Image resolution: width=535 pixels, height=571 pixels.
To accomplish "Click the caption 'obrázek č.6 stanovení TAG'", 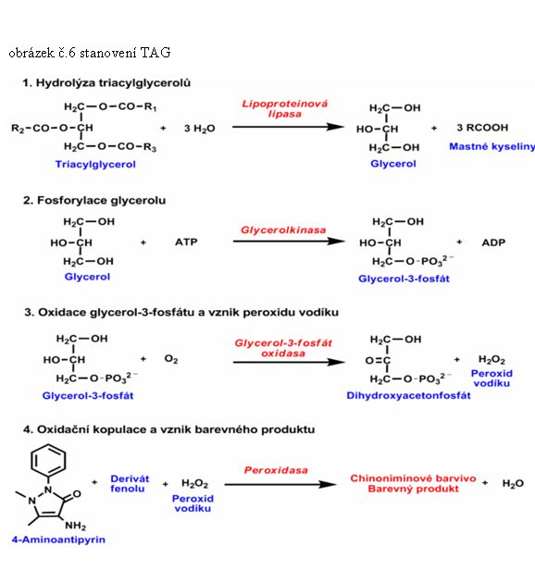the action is (x=90, y=53).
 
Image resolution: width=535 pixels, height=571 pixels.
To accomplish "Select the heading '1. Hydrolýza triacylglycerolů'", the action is (x=106, y=83).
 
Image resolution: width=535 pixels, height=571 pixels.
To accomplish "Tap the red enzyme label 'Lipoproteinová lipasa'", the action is (x=285, y=108).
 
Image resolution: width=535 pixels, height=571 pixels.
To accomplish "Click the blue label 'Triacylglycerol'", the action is (x=95, y=164).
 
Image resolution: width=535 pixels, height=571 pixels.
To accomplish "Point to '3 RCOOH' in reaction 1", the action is (x=482, y=128).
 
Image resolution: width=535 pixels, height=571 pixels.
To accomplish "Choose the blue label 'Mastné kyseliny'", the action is (x=492, y=146).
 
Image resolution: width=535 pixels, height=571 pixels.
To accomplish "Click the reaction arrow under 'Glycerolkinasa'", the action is (x=289, y=241).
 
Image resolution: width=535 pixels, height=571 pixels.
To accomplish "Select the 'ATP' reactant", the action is (x=186, y=242).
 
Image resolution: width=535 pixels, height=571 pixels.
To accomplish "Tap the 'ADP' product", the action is (x=493, y=242).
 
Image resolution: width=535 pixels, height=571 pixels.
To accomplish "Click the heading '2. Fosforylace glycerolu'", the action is (x=94, y=200).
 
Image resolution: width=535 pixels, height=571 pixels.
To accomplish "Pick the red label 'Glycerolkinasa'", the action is (x=283, y=230).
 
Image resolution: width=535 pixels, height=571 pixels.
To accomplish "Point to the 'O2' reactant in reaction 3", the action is (x=171, y=359).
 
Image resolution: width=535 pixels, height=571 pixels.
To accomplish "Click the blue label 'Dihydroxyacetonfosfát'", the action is (x=408, y=395).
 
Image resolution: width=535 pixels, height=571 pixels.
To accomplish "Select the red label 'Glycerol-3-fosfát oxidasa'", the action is (x=283, y=348).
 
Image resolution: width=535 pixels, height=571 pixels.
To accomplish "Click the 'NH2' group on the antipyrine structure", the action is (x=75, y=526).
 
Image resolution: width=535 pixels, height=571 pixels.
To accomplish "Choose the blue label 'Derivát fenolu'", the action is (x=130, y=484).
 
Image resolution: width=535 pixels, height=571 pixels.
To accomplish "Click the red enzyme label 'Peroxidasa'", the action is (x=276, y=470).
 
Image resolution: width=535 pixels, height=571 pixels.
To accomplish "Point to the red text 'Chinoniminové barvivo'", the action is (x=413, y=478).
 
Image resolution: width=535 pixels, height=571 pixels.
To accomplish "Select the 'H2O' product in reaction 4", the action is (x=513, y=484).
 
